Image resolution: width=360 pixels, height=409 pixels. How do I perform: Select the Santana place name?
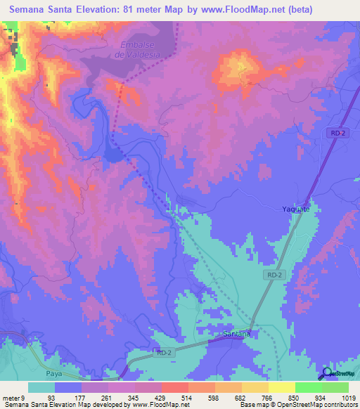pos(236,334)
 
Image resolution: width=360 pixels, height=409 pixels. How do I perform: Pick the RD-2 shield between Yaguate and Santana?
pos(275,275)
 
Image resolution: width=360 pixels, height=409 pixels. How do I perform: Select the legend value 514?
pos(174,398)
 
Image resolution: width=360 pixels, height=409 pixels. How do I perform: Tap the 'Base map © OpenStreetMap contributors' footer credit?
pos(299,405)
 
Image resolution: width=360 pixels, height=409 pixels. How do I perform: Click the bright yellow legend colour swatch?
pos(281,387)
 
